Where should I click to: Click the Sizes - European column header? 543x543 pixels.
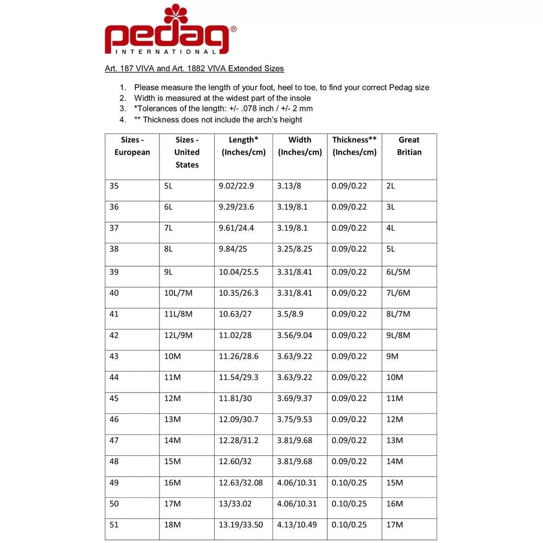click(132, 146)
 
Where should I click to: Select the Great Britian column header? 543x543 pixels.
click(409, 146)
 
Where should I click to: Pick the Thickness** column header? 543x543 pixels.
click(354, 146)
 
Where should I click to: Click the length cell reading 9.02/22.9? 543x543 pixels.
click(236, 186)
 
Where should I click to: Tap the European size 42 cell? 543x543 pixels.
click(114, 335)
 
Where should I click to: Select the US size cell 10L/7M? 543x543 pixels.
click(178, 293)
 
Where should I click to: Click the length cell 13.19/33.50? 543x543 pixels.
click(241, 525)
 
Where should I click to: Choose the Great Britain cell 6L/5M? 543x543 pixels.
click(398, 272)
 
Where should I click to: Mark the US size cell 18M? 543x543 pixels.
click(172, 525)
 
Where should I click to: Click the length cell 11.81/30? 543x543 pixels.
click(236, 399)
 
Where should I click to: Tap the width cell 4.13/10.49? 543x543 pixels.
click(297, 525)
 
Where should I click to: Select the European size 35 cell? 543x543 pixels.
click(114, 186)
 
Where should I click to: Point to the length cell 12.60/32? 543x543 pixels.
click(236, 462)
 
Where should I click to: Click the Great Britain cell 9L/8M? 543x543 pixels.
click(398, 335)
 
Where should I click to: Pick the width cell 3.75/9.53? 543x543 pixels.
click(294, 420)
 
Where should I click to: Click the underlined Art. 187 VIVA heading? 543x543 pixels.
click(194, 69)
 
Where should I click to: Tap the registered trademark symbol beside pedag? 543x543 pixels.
click(233, 30)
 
